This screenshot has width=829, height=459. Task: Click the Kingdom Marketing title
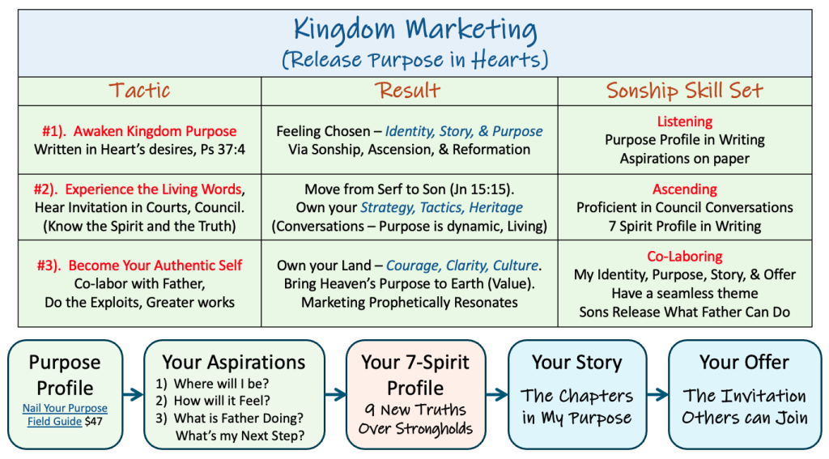point(415,29)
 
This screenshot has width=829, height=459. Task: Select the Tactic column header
point(139,91)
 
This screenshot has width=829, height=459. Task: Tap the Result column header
point(408,91)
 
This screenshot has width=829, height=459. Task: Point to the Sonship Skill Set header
point(685,91)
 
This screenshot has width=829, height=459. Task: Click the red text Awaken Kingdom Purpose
point(155,131)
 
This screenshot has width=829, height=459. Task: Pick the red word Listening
point(685,121)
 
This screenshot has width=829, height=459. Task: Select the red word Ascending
point(685,189)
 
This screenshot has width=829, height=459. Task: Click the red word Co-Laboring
point(685,257)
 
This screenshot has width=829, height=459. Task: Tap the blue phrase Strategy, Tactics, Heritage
point(441,208)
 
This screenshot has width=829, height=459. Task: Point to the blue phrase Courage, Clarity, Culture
point(462,266)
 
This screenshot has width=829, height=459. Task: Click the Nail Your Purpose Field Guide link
point(65,414)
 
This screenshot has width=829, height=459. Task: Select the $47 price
point(93,422)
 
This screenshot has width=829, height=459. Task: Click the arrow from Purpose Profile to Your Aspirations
point(134,394)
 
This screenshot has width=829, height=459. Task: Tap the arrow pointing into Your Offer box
point(657,394)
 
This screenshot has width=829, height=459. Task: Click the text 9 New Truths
point(415,410)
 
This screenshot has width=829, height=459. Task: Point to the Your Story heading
point(576,363)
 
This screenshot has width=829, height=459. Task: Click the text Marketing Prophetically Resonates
point(409,303)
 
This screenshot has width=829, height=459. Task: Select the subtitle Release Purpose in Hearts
point(415,60)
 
